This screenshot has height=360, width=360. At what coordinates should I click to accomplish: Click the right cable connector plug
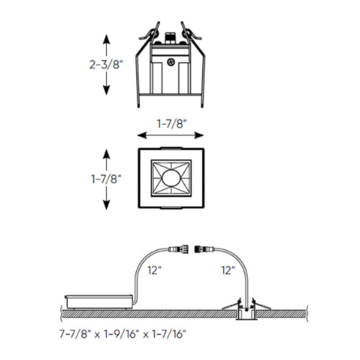(206, 250)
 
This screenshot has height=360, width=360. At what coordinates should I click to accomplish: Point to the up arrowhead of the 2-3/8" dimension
(106, 35)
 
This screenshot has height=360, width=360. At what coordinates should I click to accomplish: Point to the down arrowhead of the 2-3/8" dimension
(106, 92)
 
